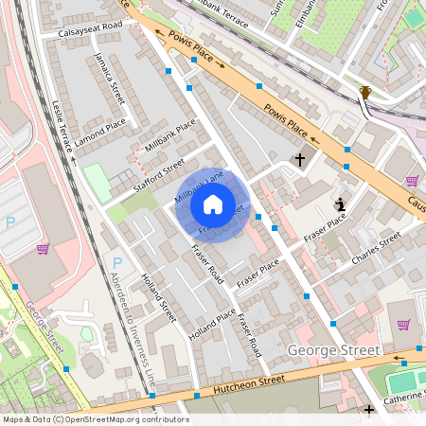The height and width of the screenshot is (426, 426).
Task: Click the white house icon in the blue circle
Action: (x=212, y=204)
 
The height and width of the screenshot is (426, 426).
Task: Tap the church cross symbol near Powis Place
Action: (x=301, y=160)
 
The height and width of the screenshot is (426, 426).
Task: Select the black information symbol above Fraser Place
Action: (x=340, y=204)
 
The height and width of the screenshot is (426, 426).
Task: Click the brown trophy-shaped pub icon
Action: (x=365, y=92)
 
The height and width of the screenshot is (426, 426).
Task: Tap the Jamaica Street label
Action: (x=110, y=80)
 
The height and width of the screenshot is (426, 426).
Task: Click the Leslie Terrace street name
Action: (x=64, y=127)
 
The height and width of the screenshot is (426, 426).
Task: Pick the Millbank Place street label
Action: (x=170, y=136)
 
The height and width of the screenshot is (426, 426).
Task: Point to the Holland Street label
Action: (x=158, y=297)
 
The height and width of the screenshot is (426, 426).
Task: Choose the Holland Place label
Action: (x=211, y=324)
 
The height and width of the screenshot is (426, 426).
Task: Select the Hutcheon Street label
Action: (x=244, y=382)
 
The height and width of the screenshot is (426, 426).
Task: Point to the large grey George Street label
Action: (x=332, y=351)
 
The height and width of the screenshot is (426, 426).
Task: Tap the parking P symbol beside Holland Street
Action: (x=117, y=262)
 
